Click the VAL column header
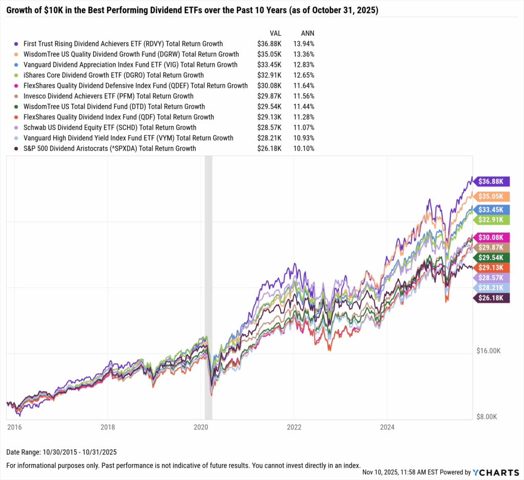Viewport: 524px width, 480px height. point(275,33)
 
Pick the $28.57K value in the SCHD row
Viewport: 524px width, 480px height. point(269,127)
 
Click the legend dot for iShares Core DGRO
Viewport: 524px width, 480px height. point(17,75)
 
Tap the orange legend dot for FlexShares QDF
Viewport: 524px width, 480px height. point(17,117)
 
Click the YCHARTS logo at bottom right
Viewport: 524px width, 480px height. point(494,472)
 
